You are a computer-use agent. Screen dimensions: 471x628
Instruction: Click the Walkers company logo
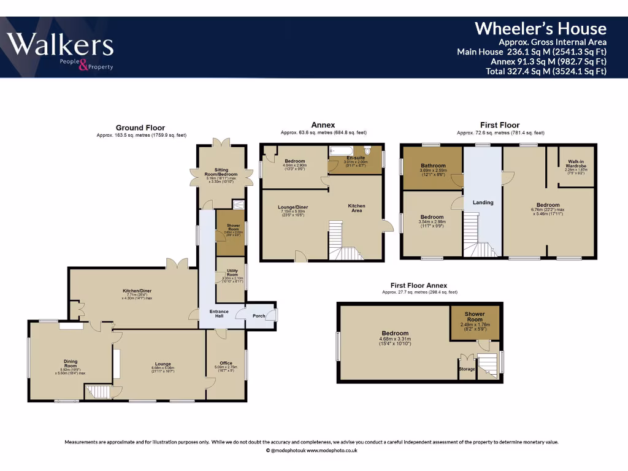tap(60, 49)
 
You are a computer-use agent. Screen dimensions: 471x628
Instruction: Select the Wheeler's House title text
tap(540, 28)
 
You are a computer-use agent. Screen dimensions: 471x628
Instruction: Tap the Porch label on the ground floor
tap(259, 316)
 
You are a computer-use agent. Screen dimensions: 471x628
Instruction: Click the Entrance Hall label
tap(219, 314)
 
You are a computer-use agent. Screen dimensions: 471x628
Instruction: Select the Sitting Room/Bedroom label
tap(221, 173)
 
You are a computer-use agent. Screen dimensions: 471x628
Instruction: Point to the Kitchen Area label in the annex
tap(356, 208)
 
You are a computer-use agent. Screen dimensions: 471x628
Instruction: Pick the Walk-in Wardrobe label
tap(575, 166)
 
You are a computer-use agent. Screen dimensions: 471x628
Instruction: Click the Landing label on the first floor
tap(483, 202)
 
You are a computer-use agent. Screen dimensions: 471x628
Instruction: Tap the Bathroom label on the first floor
tap(432, 166)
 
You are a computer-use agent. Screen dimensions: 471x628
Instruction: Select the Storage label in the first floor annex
tap(467, 369)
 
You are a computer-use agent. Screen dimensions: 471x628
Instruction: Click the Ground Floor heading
tap(141, 128)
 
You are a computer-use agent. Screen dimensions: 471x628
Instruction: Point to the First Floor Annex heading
tap(419, 285)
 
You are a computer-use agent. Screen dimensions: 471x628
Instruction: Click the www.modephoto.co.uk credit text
tap(332, 450)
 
